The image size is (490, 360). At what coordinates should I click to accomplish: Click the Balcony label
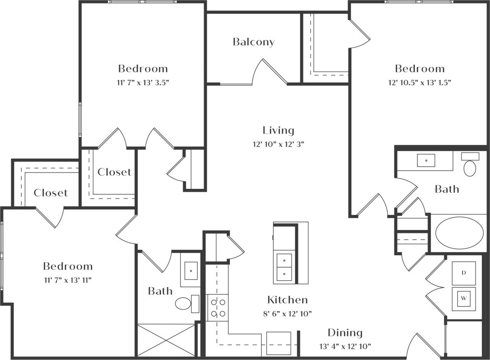pos(254,42)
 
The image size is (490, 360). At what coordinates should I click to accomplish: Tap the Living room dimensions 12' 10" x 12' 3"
pos(278,144)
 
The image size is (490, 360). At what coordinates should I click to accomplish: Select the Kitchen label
pos(287,300)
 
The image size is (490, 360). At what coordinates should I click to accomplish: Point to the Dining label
pos(345,333)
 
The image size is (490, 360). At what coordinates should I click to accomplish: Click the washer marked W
pos(464,298)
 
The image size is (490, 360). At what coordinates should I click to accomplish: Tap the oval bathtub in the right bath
pos(459,233)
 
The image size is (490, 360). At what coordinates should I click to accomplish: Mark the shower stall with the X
pos(166,340)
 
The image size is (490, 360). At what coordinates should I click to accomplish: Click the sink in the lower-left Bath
pos(190,270)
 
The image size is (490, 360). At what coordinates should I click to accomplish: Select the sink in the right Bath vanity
pos(426,160)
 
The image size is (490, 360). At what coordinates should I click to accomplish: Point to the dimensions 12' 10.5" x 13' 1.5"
pos(420,82)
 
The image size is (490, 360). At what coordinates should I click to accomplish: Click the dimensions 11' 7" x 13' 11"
pos(67,280)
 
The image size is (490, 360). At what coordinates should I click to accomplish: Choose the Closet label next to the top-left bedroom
pos(114,172)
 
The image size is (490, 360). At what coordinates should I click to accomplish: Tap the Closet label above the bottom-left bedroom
pos(51,193)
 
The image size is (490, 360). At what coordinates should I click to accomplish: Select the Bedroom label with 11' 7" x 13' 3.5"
pos(143,69)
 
